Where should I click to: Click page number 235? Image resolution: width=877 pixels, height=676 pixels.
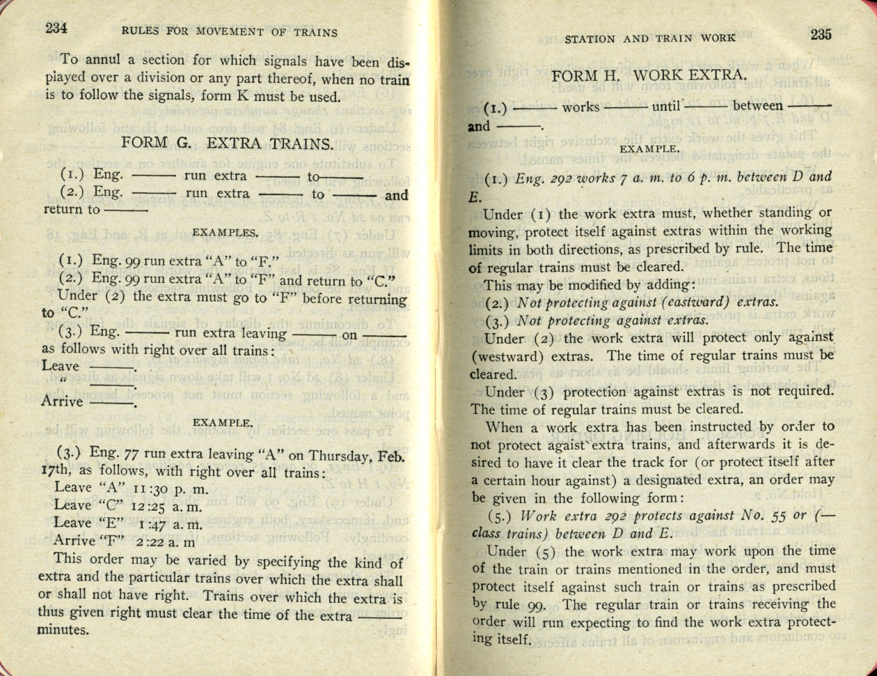[x=821, y=36]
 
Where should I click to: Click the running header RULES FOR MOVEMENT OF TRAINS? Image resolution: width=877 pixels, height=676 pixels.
[x=229, y=32]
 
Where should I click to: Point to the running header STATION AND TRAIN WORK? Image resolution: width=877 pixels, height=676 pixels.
[x=649, y=38]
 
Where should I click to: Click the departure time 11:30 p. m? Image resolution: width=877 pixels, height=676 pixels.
[x=168, y=489]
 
